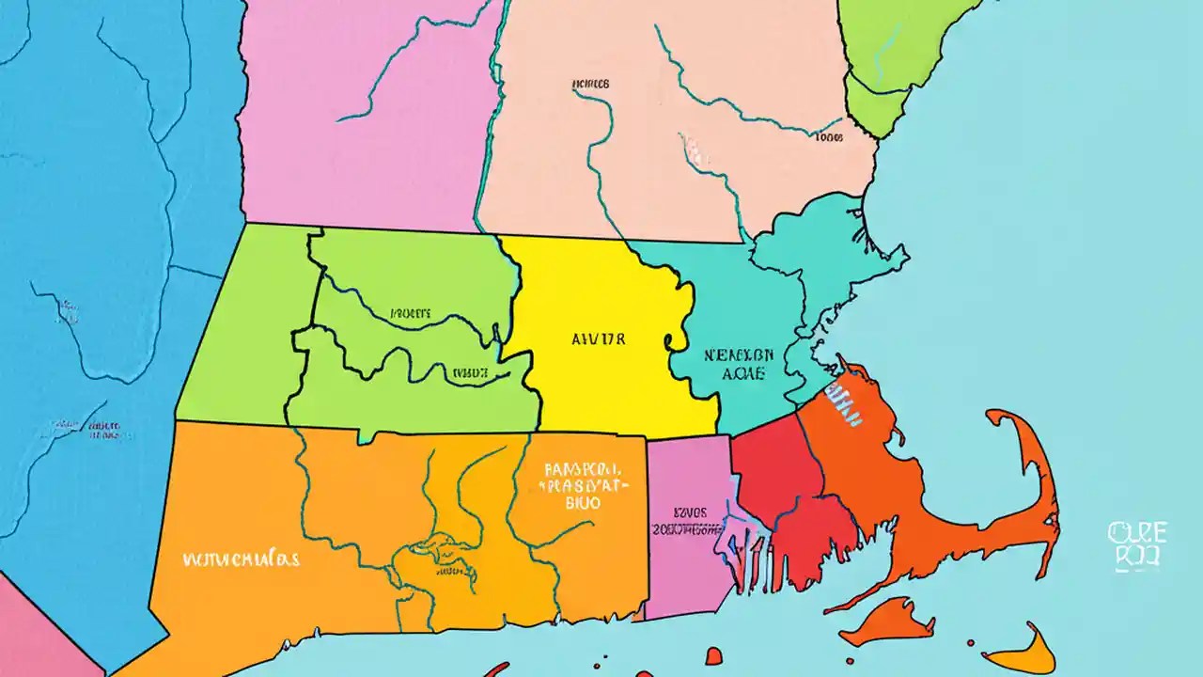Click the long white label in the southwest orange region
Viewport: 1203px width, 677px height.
tap(240, 559)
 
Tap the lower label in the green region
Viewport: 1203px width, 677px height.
tap(471, 372)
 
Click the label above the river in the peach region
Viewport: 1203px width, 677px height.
tap(590, 84)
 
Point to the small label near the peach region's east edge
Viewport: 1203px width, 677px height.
tap(828, 137)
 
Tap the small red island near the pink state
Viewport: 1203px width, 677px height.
tap(713, 655)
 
